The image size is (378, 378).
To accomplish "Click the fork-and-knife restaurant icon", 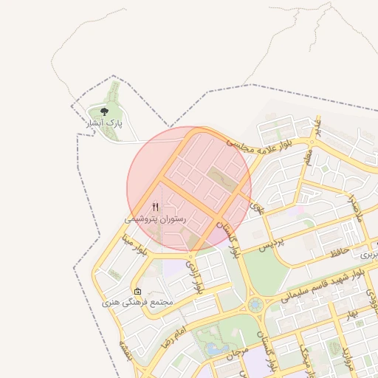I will [x=155, y=207].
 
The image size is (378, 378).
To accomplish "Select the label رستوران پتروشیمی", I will [x=156, y=219].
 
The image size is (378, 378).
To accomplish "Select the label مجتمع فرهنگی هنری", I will [x=137, y=303].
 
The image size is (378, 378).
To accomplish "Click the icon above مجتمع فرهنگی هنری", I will [x=137, y=291].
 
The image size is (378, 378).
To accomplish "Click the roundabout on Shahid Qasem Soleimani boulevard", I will [x=255, y=304].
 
